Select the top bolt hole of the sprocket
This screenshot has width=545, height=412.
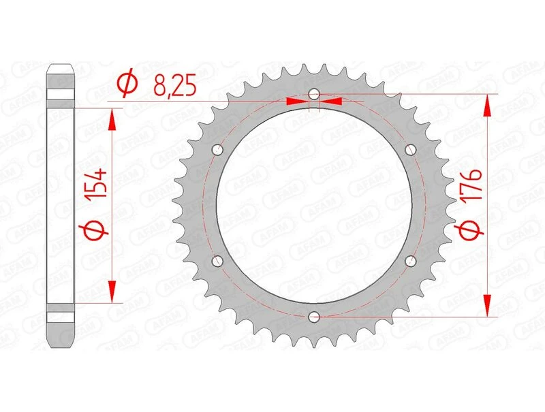pos(313,94)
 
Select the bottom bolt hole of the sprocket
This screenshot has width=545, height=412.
pos(313,316)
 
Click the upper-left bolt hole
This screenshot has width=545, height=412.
pos(217,149)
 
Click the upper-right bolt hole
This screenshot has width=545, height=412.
pos(409,149)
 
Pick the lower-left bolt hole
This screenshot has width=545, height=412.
pos(217,260)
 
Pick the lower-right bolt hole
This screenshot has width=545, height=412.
pos(409,260)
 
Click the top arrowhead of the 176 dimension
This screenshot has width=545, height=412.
pos(488,103)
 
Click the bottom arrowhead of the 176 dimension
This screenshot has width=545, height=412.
pos(488,306)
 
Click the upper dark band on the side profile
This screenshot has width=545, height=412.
pos(60,96)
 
